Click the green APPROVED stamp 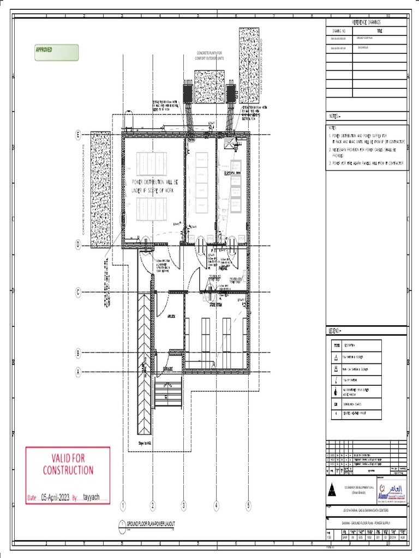coord(56,52)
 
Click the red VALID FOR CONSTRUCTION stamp coord(68,464)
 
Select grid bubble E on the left coord(78,134)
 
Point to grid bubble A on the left coord(78,372)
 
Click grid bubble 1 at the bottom coord(123,506)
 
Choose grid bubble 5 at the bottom coord(248,506)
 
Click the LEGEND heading coord(334,331)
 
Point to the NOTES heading coord(334,117)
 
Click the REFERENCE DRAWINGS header coord(366,22)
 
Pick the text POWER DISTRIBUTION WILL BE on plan coord(154,182)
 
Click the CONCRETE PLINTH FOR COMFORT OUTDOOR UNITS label coord(209,56)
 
